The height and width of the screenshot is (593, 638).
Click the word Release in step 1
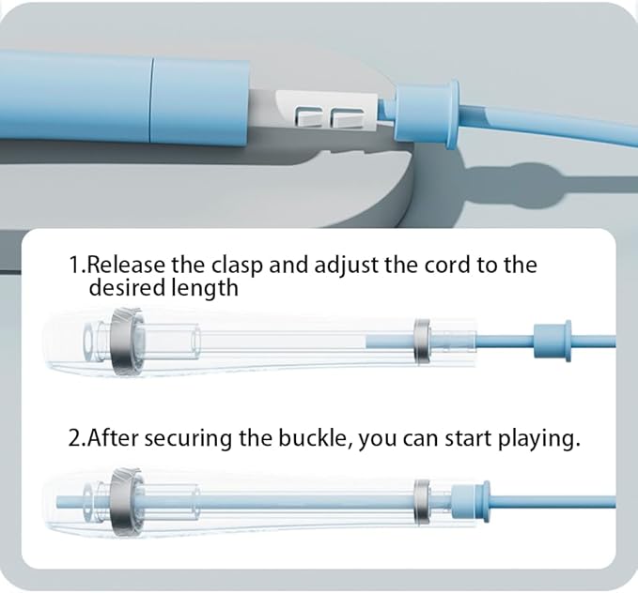(126, 265)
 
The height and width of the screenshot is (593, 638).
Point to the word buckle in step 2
(312, 438)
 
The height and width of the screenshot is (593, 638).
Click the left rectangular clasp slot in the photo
(310, 116)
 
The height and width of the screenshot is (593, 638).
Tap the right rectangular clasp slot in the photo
(348, 118)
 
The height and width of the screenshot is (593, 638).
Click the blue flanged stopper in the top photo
(426, 114)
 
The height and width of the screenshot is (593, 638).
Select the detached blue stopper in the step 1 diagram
(552, 341)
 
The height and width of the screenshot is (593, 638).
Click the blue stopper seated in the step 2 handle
(471, 500)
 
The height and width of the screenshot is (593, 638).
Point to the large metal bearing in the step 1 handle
(127, 342)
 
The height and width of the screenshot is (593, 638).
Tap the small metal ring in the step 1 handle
(422, 341)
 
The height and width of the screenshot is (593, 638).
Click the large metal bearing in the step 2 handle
(127, 502)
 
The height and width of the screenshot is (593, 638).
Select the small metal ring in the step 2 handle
(422, 501)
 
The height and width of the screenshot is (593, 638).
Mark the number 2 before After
(75, 438)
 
